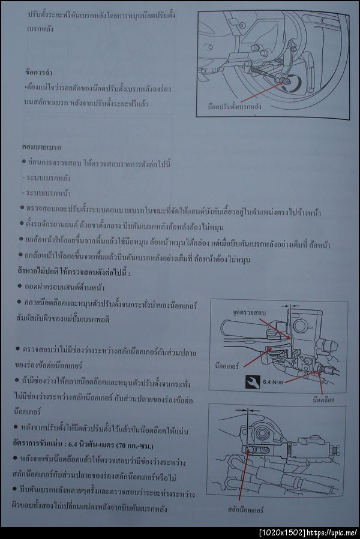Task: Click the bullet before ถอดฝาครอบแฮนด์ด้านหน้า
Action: point(23,288)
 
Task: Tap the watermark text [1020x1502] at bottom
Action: point(280,532)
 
